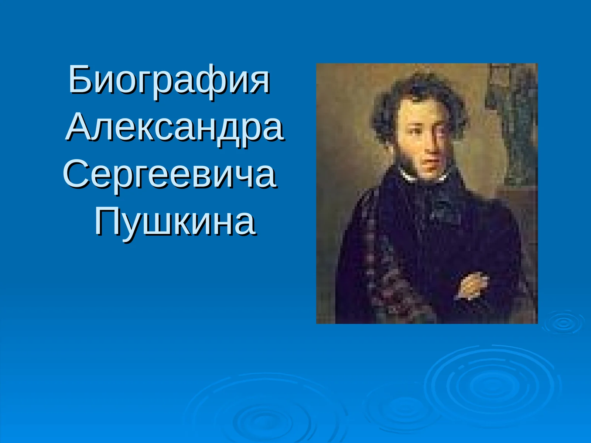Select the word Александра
click(x=175, y=127)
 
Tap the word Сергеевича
click(x=170, y=174)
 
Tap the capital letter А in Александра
click(x=79, y=127)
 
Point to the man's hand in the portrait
click(x=471, y=284)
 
